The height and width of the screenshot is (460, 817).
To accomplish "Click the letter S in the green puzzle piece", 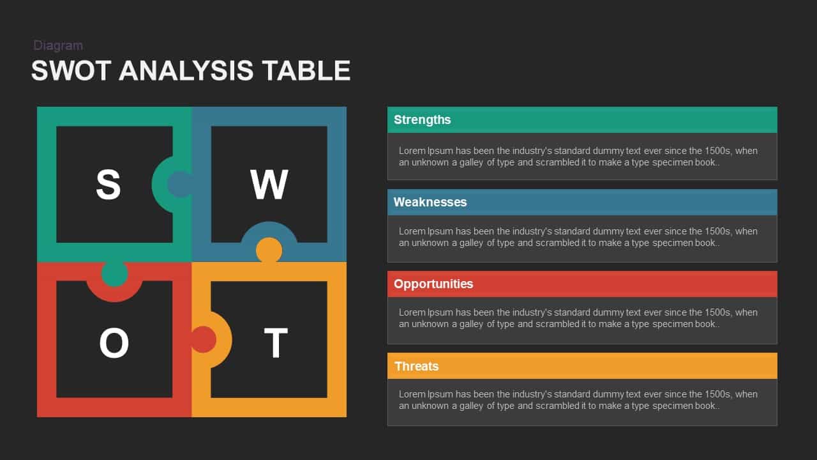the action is tap(109, 185).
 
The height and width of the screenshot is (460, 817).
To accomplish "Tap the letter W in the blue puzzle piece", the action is tap(269, 185).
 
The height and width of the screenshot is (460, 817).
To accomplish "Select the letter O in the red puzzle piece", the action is tap(114, 342).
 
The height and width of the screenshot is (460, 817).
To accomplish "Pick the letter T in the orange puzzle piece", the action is tap(276, 342).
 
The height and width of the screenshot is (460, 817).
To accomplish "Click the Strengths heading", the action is tap(423, 119).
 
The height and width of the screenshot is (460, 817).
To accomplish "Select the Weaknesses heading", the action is tap(430, 202).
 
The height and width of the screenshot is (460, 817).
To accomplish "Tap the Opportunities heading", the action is tap(433, 284).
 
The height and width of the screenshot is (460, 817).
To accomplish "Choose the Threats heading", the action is tap(417, 366).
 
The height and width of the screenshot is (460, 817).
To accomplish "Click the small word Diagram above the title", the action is tap(58, 45).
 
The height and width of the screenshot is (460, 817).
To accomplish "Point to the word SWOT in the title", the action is tap(71, 70).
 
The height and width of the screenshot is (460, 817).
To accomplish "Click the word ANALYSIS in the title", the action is tap(186, 70).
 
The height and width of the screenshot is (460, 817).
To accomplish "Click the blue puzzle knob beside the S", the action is tap(179, 185).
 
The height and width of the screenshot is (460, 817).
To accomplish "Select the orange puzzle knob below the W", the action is tap(269, 250).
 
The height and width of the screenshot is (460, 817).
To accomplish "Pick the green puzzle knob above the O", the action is tap(114, 273).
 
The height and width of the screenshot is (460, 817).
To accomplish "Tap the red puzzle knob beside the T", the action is tap(203, 339).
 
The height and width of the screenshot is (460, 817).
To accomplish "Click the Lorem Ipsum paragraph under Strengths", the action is tap(578, 157).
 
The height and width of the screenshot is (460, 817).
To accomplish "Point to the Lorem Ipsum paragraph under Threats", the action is tap(578, 400).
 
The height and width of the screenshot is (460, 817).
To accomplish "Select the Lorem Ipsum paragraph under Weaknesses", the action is tap(578, 237).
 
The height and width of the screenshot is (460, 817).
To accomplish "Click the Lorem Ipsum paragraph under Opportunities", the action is tap(578, 318).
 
